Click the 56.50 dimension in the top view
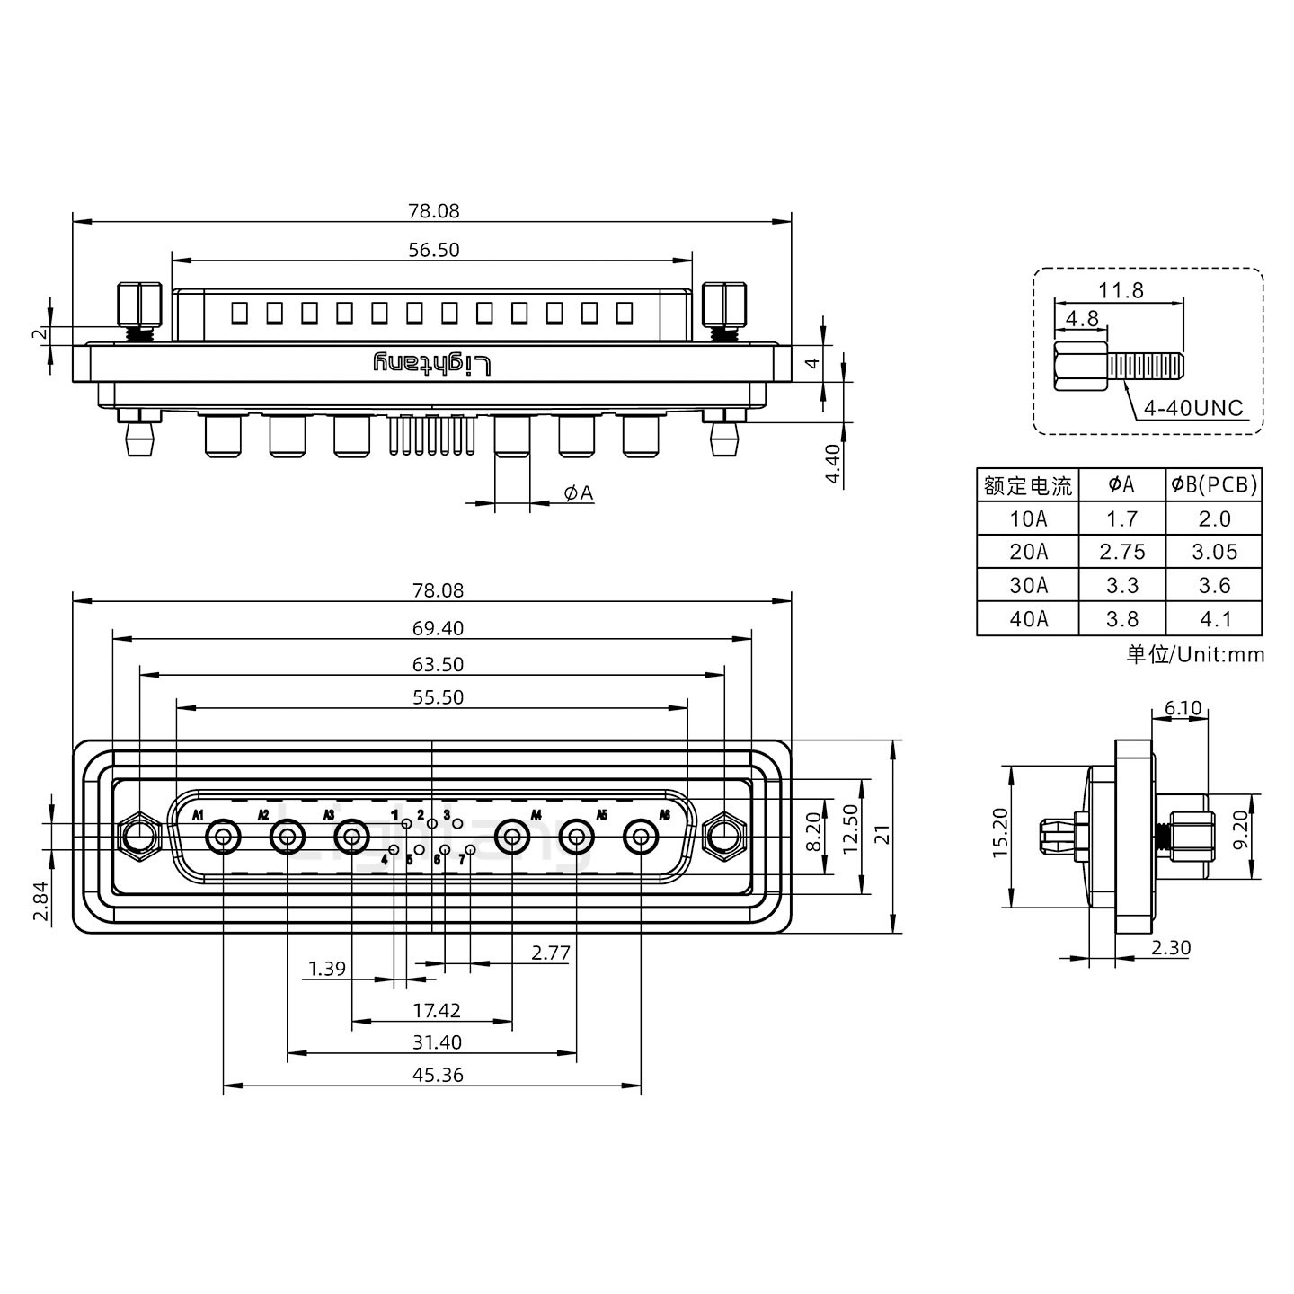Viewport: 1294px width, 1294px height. [x=433, y=250]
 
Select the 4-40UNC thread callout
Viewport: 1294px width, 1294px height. [x=1192, y=408]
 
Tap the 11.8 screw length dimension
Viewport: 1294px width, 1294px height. [x=1120, y=290]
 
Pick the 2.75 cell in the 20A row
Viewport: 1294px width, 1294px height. [x=1121, y=552]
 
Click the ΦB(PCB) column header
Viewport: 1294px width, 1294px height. [x=1214, y=485]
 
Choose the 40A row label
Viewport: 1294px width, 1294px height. [x=1028, y=619]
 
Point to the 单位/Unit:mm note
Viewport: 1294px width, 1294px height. [x=1195, y=654]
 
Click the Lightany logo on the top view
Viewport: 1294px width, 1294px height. [x=432, y=364]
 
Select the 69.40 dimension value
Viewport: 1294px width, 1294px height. [x=438, y=628]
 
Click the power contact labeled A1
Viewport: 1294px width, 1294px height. [x=223, y=838]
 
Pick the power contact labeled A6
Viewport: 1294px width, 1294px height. [x=641, y=838]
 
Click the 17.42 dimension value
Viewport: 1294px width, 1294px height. [x=437, y=1011]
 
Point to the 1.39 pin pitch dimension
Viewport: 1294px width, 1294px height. [x=326, y=968]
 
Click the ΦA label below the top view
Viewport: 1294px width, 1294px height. [x=578, y=492]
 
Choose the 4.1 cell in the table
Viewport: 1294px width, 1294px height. [x=1214, y=619]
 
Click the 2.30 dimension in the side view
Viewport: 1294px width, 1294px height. [x=1172, y=947]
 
